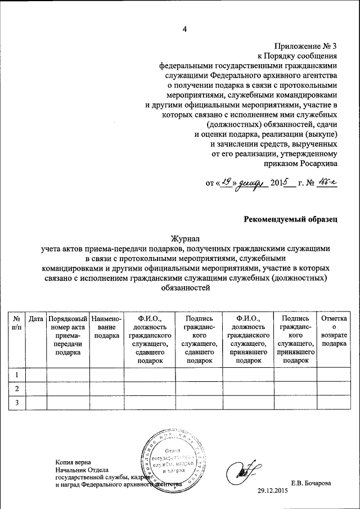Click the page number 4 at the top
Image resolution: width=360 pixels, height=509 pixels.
point(183,30)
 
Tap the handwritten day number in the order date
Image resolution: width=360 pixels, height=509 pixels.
point(226,181)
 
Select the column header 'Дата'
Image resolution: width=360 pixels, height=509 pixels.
point(36,319)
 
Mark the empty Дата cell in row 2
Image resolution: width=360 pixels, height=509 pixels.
point(36,389)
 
